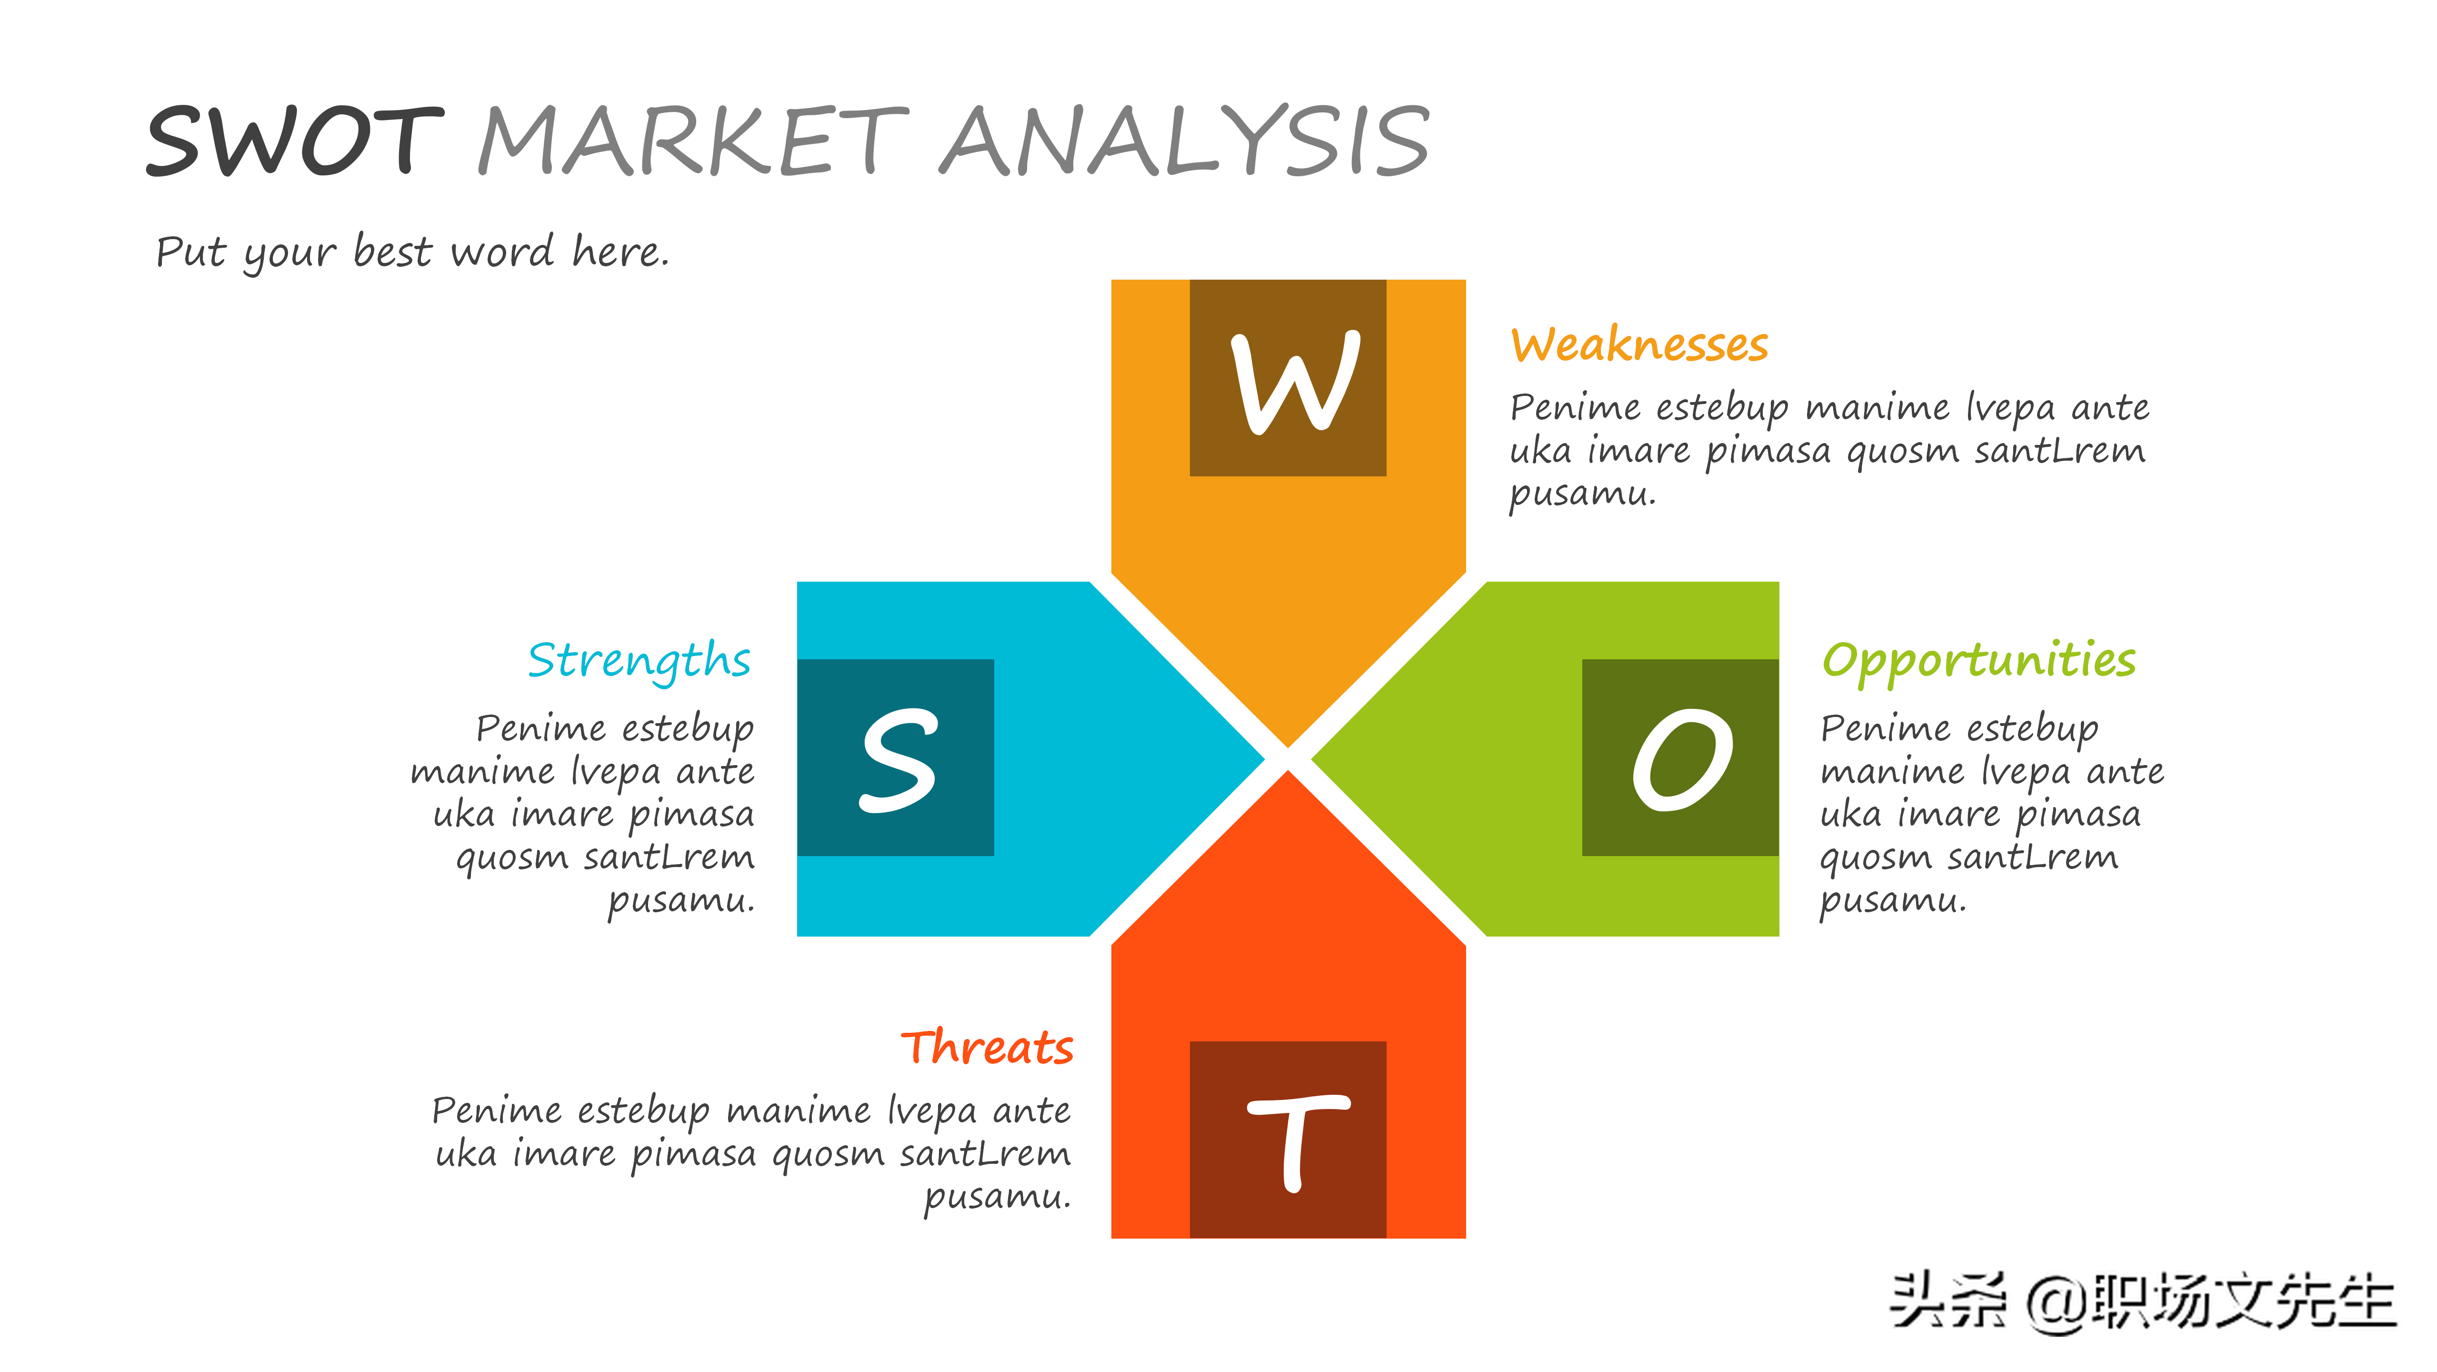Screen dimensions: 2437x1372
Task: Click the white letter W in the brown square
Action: pyautogui.click(x=1295, y=383)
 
